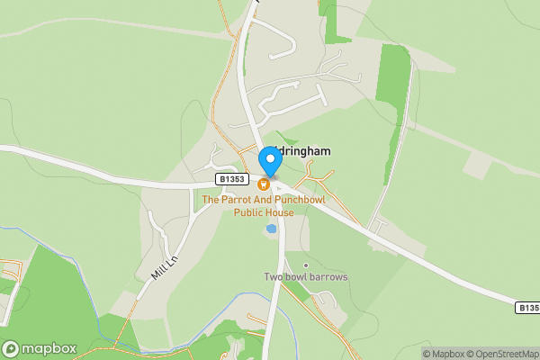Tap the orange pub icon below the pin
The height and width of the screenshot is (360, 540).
[264, 184]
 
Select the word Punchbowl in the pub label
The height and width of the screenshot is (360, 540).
[300, 200]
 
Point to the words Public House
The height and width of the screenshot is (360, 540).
[264, 212]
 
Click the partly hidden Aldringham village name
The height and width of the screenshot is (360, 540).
[301, 152]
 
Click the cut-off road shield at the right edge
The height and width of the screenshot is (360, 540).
[529, 308]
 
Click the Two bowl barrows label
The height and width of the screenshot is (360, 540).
[305, 276]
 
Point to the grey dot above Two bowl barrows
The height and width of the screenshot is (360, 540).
[306, 265]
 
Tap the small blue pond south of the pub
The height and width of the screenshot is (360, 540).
[271, 229]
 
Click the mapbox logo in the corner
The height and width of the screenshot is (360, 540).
[40, 348]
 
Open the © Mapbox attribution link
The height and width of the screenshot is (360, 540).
[447, 354]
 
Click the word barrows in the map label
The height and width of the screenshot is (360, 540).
[328, 276]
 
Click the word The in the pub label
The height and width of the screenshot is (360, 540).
[210, 200]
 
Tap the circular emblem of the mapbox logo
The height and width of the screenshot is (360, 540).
[11, 348]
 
